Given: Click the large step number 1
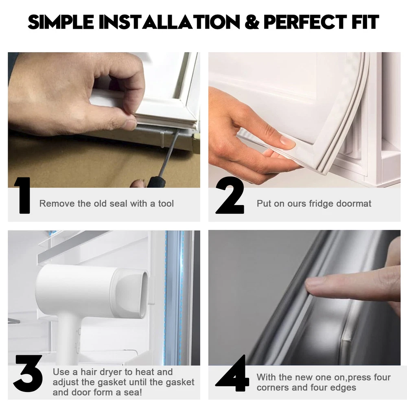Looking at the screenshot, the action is point(23,195).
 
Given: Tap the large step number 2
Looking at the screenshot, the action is point(230,195).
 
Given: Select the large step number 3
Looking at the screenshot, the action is point(28,373).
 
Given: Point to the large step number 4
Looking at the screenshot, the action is point(232,373).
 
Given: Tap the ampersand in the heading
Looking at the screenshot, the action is point(252,22).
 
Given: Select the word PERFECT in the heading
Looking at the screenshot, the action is point(305,22).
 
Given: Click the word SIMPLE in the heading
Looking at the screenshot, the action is point(61,22).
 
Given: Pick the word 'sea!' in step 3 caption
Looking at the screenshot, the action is point(133,392).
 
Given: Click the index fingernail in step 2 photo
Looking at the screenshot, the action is point(288,142).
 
